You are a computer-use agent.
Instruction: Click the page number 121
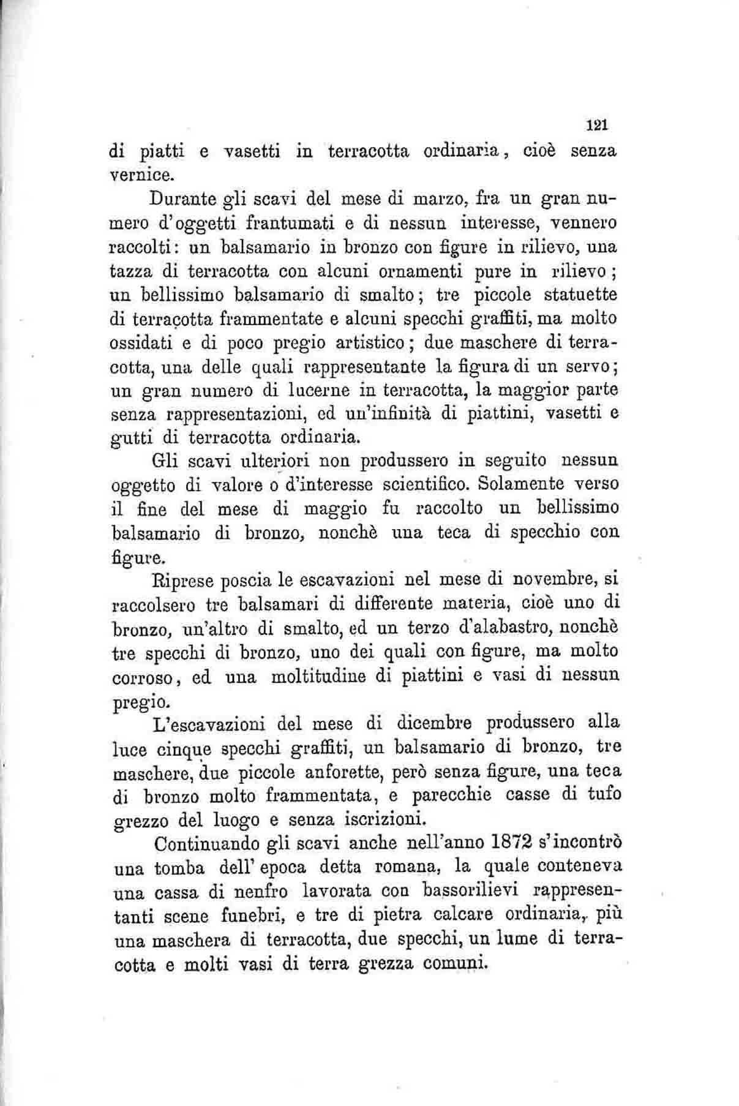pos(595,125)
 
